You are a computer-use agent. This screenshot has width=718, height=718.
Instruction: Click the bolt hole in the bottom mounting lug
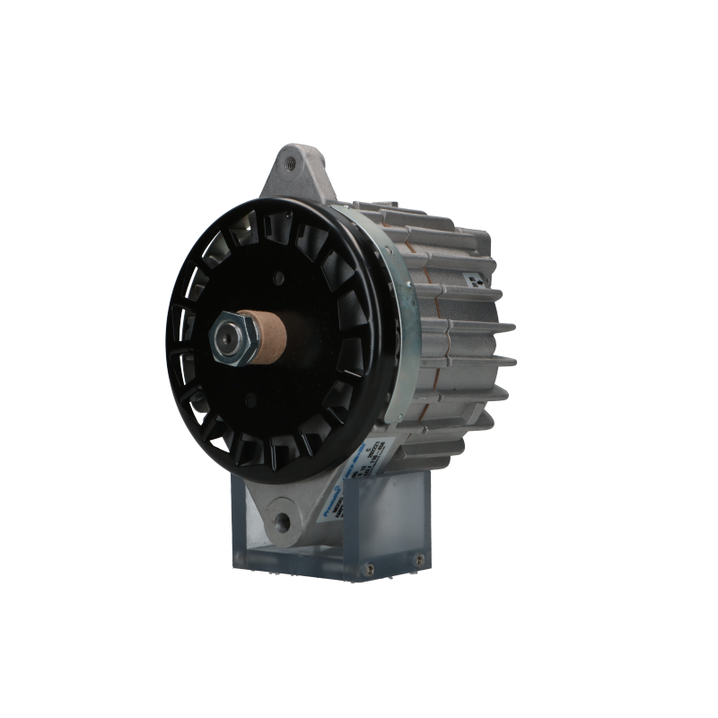coord(287,519)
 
